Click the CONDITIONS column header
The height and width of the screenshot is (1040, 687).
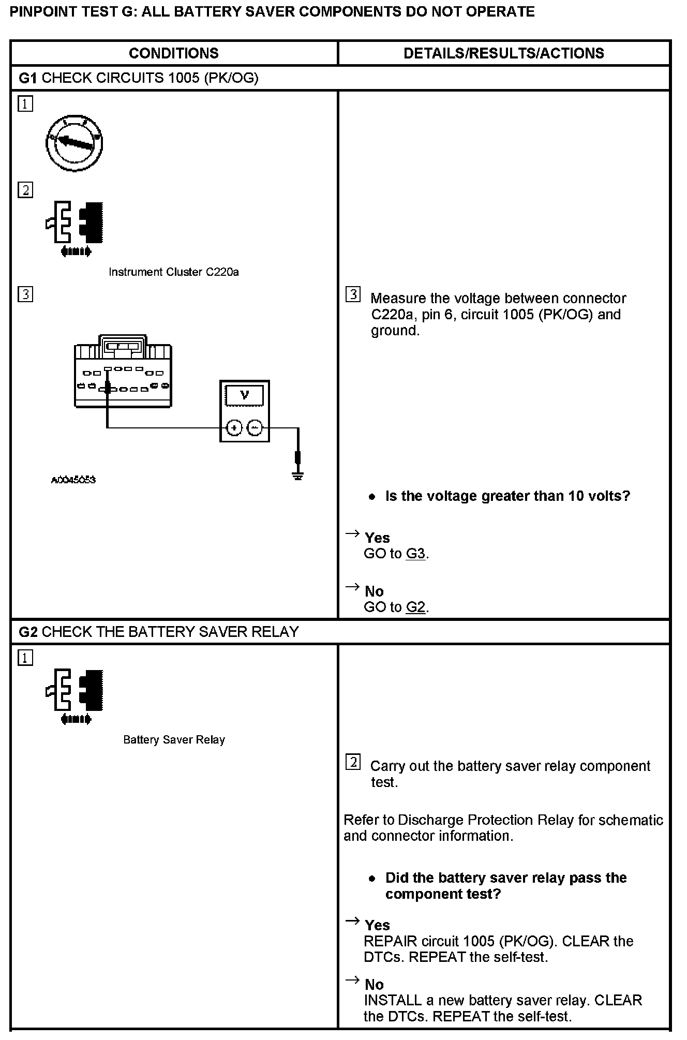click(x=173, y=53)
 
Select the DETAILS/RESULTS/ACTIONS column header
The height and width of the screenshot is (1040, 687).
click(x=503, y=53)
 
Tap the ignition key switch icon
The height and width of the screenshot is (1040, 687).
click(x=74, y=143)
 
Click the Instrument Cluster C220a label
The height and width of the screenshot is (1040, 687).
click(x=173, y=272)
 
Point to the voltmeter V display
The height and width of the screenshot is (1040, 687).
click(x=245, y=396)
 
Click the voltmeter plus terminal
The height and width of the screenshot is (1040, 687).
click(x=234, y=428)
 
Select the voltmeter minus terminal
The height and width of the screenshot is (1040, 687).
click(x=255, y=428)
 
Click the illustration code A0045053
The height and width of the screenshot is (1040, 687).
click(x=73, y=480)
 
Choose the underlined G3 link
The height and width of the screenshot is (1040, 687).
click(x=415, y=554)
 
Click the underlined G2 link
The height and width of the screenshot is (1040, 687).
click(x=415, y=607)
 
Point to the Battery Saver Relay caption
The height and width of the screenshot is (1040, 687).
click(x=174, y=740)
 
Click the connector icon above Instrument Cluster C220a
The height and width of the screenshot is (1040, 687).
click(x=74, y=228)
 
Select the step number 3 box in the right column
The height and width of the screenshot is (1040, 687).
click(x=353, y=295)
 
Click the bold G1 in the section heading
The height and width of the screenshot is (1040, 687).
click(x=28, y=78)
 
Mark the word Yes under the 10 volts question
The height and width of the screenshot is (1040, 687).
click(x=377, y=538)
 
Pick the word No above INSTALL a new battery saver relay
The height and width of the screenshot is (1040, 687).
click(x=374, y=984)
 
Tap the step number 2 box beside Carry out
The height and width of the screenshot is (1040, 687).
click(x=353, y=762)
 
